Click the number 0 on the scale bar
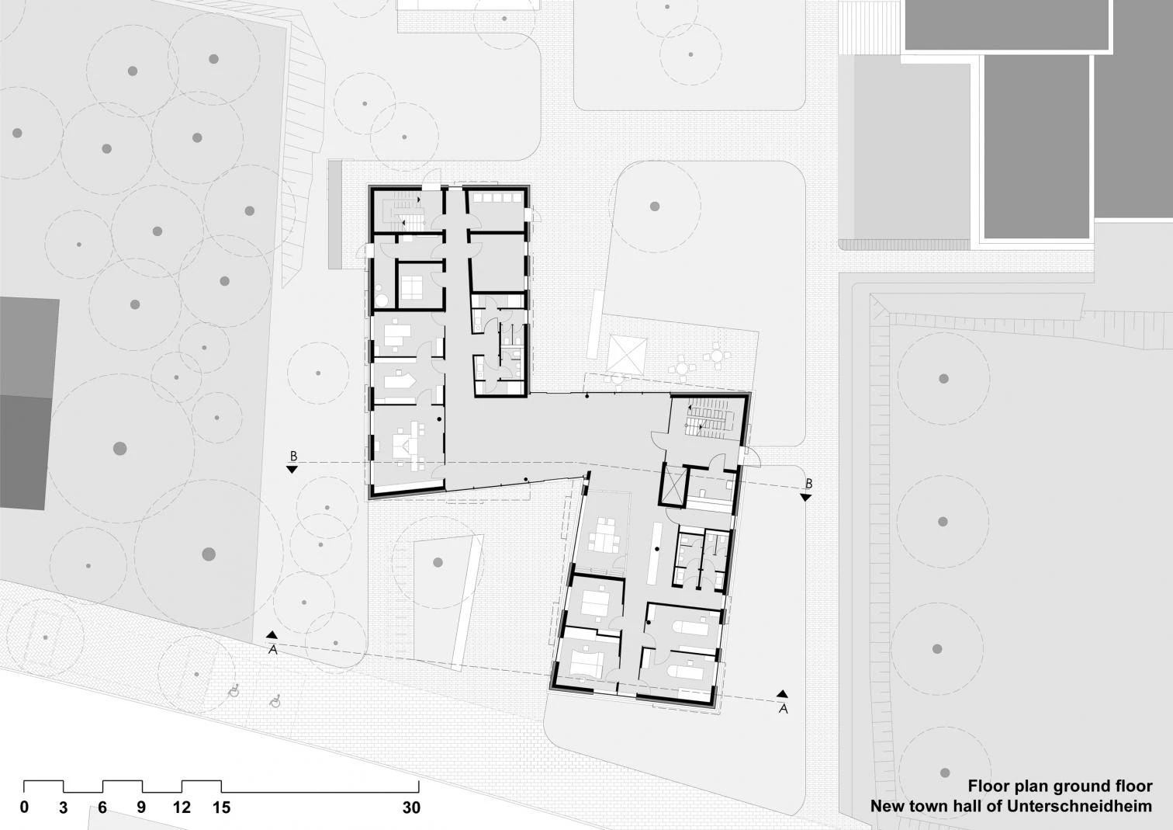coord(24,807)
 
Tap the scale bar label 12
coord(182,807)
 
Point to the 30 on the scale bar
coord(412,807)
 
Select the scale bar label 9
coord(141,807)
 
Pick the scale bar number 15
coord(222,807)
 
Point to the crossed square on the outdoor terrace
coord(628,356)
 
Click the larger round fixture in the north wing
coord(382,300)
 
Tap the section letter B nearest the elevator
coord(808,484)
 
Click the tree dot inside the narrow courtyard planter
coord(438,562)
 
